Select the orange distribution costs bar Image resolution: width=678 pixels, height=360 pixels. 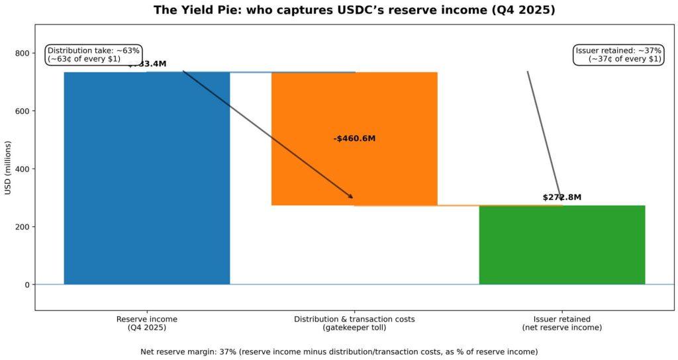click(x=354, y=165)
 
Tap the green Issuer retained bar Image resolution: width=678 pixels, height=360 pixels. click(x=561, y=244)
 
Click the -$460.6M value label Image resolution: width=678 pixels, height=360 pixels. click(x=354, y=138)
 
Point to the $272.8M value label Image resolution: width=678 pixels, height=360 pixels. click(x=561, y=197)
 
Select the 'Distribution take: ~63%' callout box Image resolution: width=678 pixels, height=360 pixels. click(x=93, y=54)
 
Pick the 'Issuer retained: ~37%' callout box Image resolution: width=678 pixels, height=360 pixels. click(x=618, y=54)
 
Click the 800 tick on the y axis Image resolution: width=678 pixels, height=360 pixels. click(x=21, y=53)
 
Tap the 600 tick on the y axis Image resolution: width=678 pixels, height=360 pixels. click(x=21, y=111)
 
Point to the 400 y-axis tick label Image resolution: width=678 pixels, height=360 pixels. click(x=21, y=169)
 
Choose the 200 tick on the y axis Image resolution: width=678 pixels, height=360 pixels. click(x=21, y=227)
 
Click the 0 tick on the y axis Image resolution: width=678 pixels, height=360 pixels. click(x=26, y=285)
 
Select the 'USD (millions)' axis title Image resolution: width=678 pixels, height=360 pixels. click(x=8, y=168)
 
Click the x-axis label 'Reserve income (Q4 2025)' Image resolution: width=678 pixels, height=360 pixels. click(x=146, y=323)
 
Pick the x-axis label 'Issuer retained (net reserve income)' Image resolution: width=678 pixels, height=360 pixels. click(x=561, y=323)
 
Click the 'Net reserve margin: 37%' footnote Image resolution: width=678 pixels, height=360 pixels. click(x=339, y=351)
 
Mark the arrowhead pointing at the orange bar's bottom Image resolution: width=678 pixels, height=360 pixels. click(x=351, y=197)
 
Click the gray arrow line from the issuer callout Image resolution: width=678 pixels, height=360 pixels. click(x=543, y=132)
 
